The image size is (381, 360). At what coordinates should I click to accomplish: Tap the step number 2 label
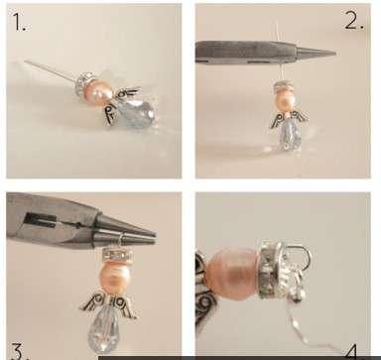(354, 20)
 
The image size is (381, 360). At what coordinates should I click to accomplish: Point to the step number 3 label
(17, 351)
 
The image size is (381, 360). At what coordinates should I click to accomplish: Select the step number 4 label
(351, 352)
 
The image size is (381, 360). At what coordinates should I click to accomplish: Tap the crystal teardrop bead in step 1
(136, 112)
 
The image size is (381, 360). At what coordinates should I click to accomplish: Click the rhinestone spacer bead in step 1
(81, 84)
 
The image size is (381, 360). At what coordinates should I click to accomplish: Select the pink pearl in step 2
(284, 99)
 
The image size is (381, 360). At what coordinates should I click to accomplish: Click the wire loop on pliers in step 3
(121, 239)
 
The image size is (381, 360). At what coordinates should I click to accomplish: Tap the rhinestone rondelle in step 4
(271, 270)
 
